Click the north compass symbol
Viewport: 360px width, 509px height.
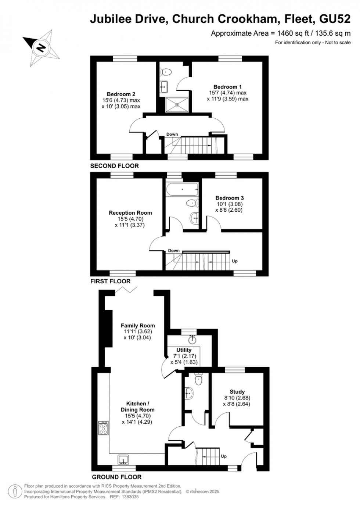pos(41,48)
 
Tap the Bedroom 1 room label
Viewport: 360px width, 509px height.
pos(227,87)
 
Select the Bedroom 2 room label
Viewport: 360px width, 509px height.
pos(121,94)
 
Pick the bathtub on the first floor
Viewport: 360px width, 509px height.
pos(182,190)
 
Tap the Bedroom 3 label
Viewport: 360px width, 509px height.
pos(229,198)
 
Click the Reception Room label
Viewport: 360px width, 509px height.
pos(130,213)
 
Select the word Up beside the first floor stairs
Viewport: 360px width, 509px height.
pos(234,261)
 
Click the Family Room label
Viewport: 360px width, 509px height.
pos(138,326)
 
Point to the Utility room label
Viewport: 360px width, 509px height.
pos(184,350)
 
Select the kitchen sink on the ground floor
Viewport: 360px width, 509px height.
pos(123,459)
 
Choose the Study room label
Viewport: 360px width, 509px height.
pos(237,392)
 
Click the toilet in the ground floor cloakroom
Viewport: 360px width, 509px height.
pos(199,380)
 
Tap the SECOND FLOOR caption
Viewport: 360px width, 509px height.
pos(115,166)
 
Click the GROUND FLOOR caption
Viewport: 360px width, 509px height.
pos(116,477)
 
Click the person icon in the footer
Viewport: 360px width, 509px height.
pos(15,491)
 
